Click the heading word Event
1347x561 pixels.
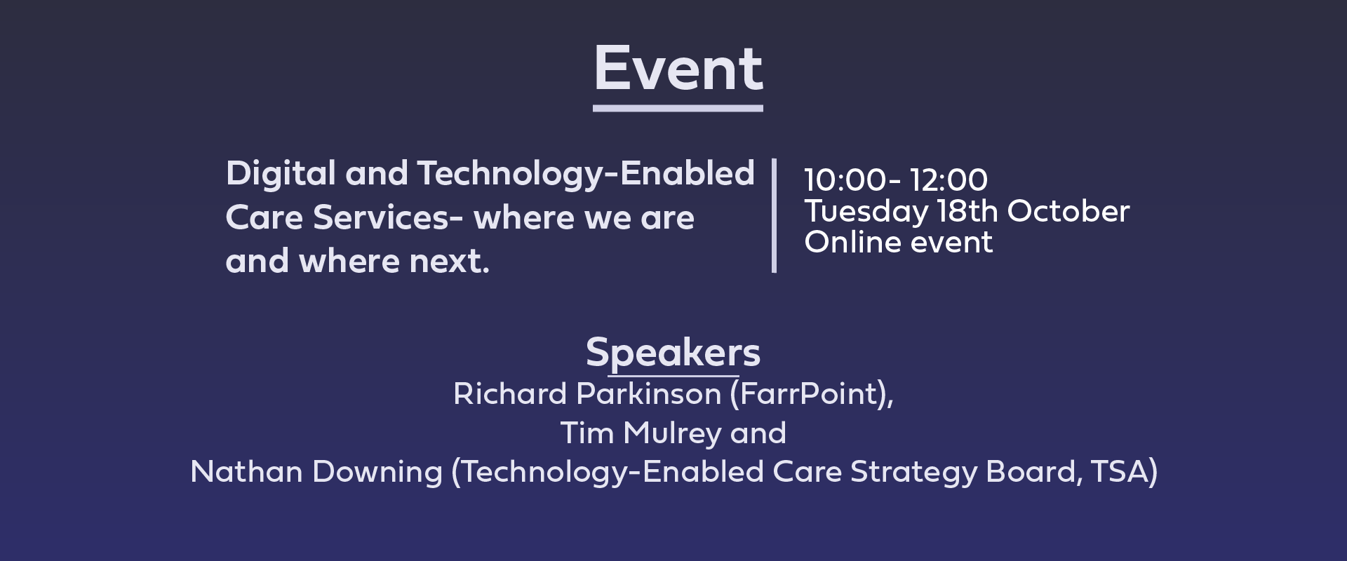(x=678, y=69)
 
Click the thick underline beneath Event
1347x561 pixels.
(x=678, y=109)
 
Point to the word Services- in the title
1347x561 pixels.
(x=388, y=217)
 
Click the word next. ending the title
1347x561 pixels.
(x=449, y=262)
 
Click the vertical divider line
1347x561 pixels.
(x=774, y=215)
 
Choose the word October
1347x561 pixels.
(x=1068, y=211)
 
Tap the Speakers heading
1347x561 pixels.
(x=673, y=353)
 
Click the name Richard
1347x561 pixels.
(x=510, y=394)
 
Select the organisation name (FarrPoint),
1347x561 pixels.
(x=812, y=395)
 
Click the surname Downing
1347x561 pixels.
(x=377, y=473)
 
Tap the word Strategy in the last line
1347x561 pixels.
(x=913, y=473)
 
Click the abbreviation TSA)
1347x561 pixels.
(x=1124, y=472)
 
